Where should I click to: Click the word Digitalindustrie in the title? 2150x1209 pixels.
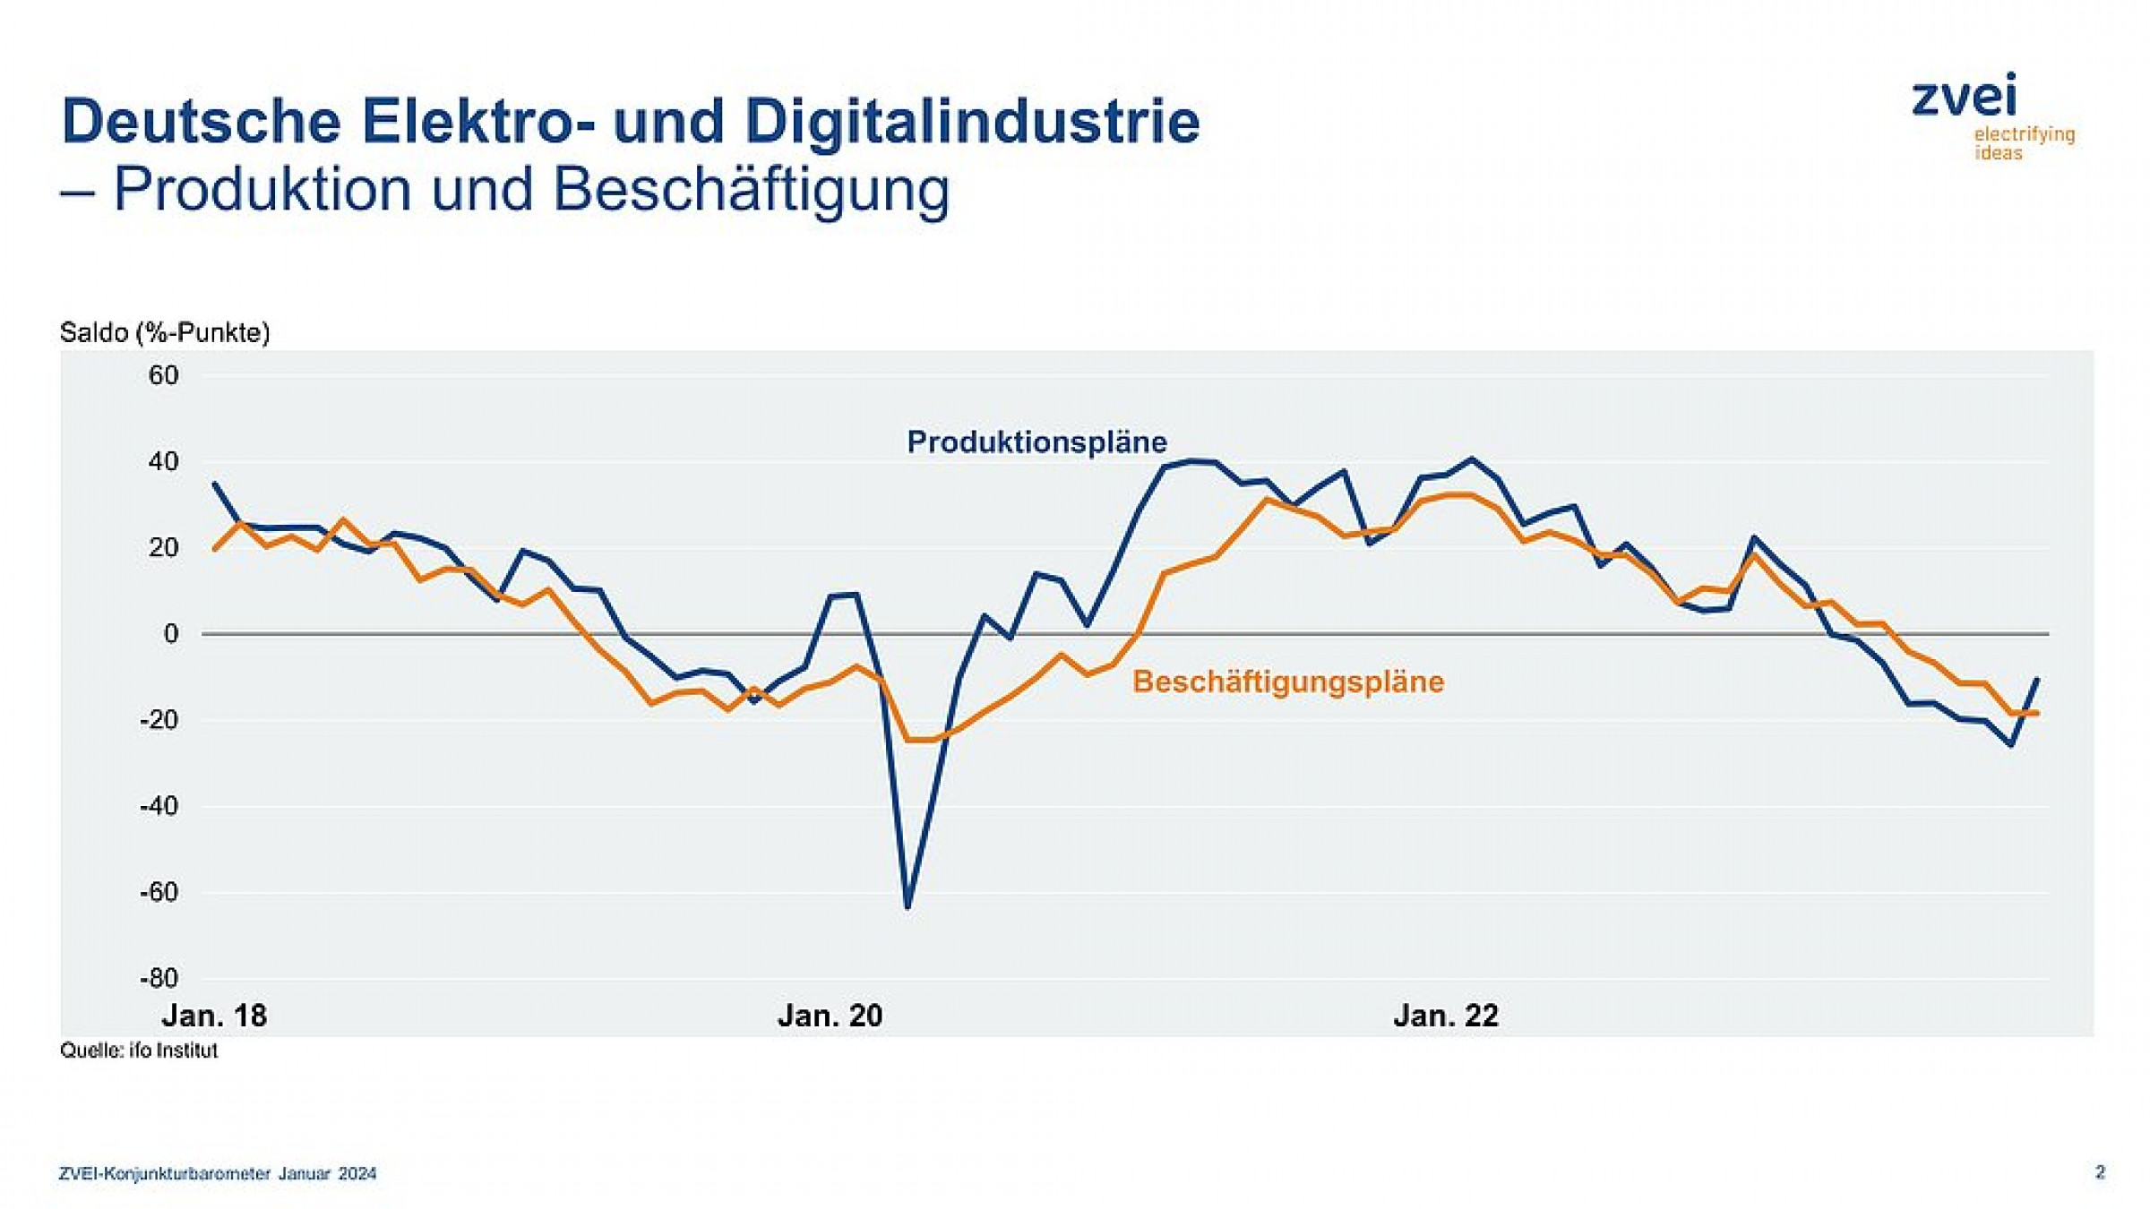[972, 121]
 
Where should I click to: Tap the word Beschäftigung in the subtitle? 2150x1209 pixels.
[751, 190]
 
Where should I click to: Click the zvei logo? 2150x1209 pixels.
[1964, 97]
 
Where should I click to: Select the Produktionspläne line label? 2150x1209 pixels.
[1036, 442]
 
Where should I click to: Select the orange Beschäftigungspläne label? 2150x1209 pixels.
[1287, 682]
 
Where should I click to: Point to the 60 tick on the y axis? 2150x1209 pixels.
[164, 375]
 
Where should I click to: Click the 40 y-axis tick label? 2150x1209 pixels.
[164, 461]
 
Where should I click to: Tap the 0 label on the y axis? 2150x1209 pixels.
[171, 634]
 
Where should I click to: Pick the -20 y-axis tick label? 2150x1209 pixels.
[159, 720]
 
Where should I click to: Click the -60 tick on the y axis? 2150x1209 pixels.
[159, 892]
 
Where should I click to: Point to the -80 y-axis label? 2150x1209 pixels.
[159, 978]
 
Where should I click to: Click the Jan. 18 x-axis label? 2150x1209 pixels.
[214, 1016]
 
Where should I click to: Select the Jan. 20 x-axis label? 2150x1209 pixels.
[830, 1016]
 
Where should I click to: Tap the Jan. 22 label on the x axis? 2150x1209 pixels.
[1445, 1016]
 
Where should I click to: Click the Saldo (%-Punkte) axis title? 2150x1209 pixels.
[165, 333]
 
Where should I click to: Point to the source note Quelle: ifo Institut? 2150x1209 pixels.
[139, 1050]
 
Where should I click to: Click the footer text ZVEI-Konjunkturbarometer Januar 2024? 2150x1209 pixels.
[218, 1173]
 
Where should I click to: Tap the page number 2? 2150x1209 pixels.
[2100, 1172]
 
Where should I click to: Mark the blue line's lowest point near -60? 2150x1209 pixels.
[907, 907]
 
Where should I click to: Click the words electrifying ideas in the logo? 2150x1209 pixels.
[2024, 143]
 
